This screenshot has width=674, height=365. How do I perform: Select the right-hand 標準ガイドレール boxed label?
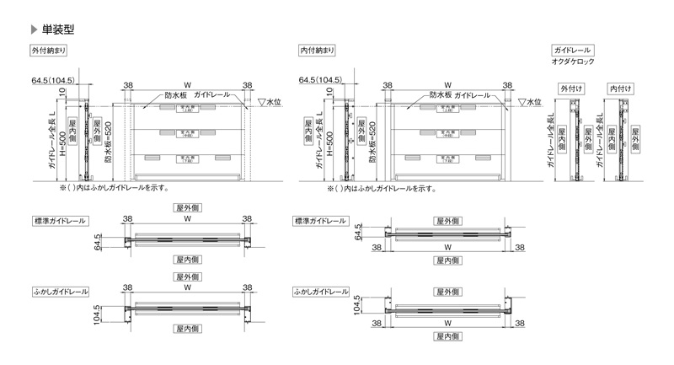tap(320, 221)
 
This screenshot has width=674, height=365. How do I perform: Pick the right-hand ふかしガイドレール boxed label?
tap(322, 291)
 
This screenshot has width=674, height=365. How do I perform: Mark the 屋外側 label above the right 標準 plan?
tap(447, 220)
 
